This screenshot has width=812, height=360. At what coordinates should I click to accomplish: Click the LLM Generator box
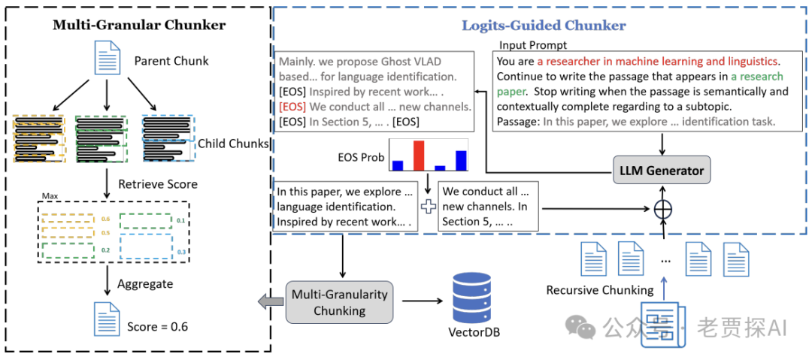pyautogui.click(x=662, y=171)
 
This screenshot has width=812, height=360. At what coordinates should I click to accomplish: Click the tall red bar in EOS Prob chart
pyautogui.click(x=419, y=156)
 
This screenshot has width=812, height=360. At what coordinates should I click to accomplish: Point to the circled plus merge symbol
pyautogui.click(x=662, y=207)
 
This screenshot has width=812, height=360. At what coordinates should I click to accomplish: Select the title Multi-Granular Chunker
pyautogui.click(x=138, y=25)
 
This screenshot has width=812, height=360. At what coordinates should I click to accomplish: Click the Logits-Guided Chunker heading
pyautogui.click(x=544, y=26)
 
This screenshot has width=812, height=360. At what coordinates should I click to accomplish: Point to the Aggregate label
pyautogui.click(x=145, y=284)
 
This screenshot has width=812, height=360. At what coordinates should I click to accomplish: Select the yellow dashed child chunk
pyautogui.click(x=39, y=139)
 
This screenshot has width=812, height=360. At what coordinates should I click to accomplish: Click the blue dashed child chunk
pyautogui.click(x=168, y=137)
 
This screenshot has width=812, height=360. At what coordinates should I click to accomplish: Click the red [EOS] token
pyautogui.click(x=292, y=106)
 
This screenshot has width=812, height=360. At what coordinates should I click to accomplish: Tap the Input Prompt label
pyautogui.click(x=533, y=45)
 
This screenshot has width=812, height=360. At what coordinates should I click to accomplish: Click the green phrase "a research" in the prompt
pyautogui.click(x=756, y=77)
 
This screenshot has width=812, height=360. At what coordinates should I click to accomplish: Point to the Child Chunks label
pyautogui.click(x=234, y=143)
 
